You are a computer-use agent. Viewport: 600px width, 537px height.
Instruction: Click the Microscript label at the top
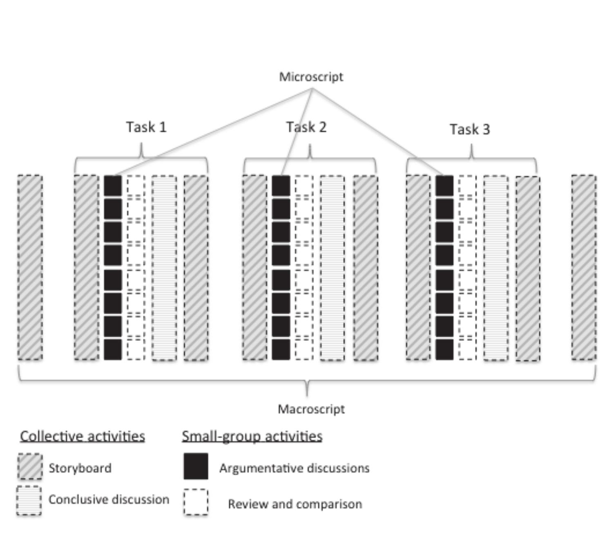(x=311, y=77)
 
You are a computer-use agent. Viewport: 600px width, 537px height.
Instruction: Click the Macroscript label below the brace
(x=311, y=409)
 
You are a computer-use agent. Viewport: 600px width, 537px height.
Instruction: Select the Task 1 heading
(x=146, y=127)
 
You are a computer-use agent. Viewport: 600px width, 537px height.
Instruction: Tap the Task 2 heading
(x=306, y=127)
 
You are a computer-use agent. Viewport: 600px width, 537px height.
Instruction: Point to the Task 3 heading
(x=470, y=130)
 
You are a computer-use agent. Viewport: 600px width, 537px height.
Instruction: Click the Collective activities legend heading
(x=83, y=436)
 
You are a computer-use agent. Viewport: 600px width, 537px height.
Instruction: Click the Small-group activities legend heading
(x=252, y=436)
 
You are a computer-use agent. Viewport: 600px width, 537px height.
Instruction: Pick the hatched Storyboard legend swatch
(x=30, y=466)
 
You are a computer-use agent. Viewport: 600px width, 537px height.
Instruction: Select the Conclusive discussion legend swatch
(x=29, y=501)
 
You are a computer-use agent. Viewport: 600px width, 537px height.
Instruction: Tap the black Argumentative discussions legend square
(x=196, y=466)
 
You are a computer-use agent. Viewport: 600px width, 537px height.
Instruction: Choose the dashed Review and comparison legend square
(x=196, y=502)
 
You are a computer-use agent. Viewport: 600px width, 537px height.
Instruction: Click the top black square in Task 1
(x=113, y=186)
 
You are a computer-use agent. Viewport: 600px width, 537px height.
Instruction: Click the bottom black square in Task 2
(x=281, y=349)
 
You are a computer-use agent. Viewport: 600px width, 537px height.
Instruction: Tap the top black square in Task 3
(x=444, y=186)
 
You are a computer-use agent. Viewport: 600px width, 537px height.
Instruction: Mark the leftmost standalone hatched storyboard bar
(x=30, y=268)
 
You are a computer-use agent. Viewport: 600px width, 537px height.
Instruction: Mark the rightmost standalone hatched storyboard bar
(x=583, y=268)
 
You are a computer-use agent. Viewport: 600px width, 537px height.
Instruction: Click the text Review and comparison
(x=294, y=504)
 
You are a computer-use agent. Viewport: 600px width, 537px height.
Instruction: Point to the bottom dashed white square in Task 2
(x=304, y=349)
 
